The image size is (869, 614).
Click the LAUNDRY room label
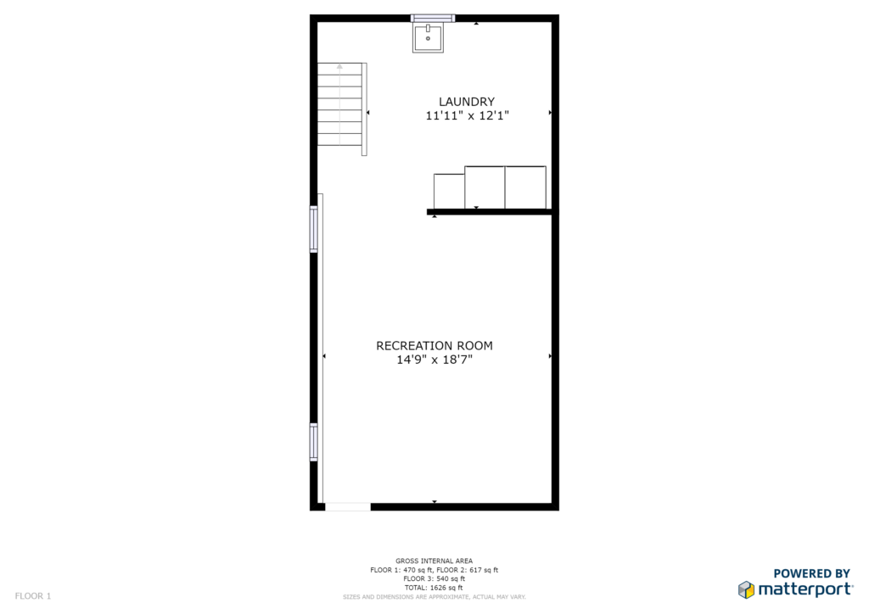click(467, 102)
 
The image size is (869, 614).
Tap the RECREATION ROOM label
click(434, 345)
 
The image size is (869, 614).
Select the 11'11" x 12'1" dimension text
click(468, 115)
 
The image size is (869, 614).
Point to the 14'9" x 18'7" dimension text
click(434, 360)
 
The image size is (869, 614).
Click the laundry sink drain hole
click(428, 39)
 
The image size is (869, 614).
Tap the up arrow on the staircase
click(339, 66)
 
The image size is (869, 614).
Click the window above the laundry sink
click(433, 19)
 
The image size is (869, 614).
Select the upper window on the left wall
click(314, 229)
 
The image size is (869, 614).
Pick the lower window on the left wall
click(314, 442)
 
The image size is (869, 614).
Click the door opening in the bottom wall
click(347, 506)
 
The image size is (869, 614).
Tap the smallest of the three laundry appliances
click(449, 191)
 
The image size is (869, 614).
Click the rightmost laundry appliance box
click(525, 187)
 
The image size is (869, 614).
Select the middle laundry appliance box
click(485, 187)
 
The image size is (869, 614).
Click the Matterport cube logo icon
click(746, 589)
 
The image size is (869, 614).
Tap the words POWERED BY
click(811, 573)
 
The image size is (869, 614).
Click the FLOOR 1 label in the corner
click(33, 596)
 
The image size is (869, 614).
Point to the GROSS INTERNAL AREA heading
click(434, 561)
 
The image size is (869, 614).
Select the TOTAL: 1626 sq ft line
click(434, 588)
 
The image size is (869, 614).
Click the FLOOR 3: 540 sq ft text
click(434, 578)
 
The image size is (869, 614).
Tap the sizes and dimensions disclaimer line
click(434, 597)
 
